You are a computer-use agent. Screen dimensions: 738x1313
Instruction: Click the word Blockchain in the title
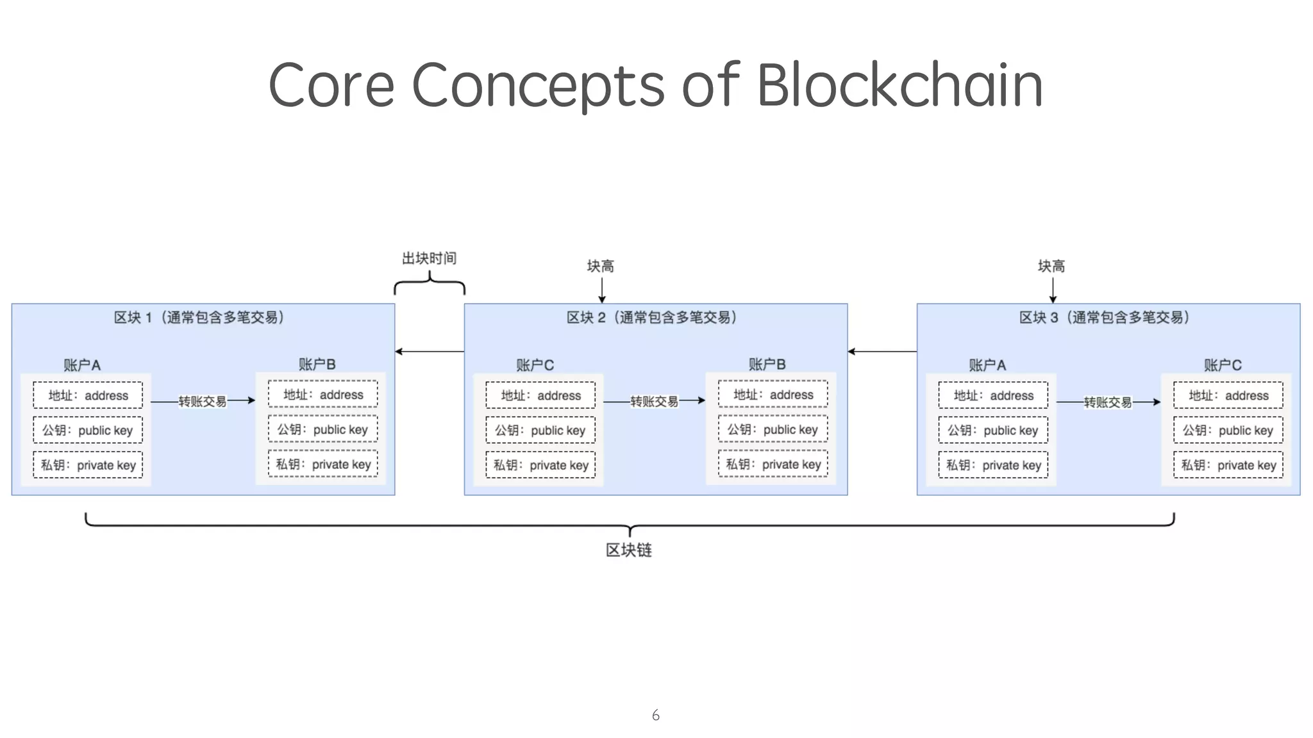(x=899, y=85)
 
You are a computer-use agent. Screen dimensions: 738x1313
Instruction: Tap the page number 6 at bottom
(x=655, y=715)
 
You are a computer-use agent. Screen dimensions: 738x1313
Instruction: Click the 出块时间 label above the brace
(x=429, y=258)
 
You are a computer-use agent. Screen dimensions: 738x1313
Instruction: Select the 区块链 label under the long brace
(x=628, y=550)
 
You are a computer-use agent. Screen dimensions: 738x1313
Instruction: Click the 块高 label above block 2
(x=600, y=266)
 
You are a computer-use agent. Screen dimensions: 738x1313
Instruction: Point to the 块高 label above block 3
(x=1051, y=266)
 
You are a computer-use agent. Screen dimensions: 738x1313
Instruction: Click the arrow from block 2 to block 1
(x=429, y=351)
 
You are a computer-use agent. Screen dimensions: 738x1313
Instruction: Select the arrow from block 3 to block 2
(x=882, y=351)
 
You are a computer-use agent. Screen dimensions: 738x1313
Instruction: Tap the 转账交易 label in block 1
(x=202, y=401)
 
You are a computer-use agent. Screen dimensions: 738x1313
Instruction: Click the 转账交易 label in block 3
(x=1107, y=402)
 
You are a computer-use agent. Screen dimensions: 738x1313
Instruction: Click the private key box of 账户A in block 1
(x=88, y=465)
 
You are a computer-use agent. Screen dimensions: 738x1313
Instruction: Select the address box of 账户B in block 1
(x=322, y=395)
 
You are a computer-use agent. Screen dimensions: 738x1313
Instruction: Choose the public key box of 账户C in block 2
(x=540, y=430)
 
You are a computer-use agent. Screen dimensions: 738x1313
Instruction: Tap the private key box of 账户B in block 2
(x=773, y=464)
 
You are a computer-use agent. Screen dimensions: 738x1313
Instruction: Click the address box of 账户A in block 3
(x=992, y=395)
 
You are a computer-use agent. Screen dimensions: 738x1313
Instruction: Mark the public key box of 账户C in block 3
(x=1228, y=430)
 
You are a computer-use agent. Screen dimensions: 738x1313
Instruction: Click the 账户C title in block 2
(x=535, y=365)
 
